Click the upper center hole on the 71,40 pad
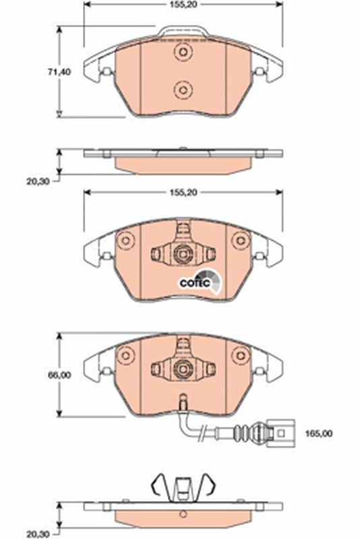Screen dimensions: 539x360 pos(181,53)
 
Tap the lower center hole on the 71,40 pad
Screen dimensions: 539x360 pos(181,88)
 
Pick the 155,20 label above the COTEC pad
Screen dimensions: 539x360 pos(181,193)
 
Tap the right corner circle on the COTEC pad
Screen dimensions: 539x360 pos(239,241)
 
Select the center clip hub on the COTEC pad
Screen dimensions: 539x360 pos(181,254)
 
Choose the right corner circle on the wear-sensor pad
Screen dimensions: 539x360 pos(239,354)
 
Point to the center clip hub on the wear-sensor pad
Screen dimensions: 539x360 pos(181,368)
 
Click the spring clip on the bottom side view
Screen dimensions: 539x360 pos(181,486)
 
